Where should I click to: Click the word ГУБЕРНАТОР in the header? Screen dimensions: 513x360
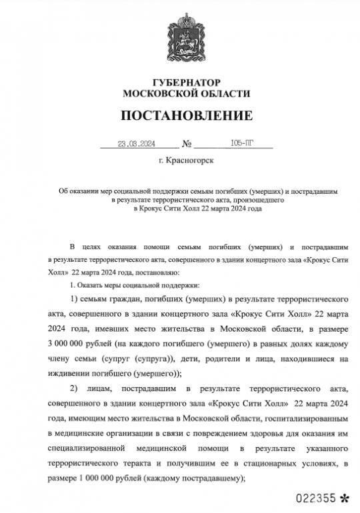click(181, 81)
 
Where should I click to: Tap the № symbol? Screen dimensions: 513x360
click(187, 143)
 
